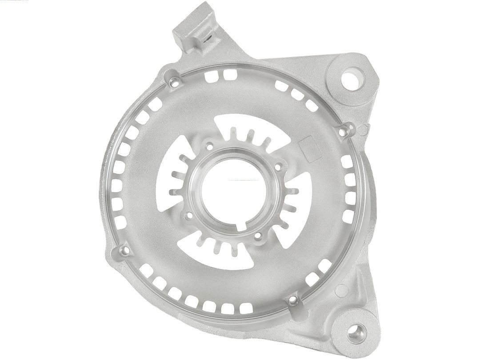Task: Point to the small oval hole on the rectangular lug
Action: click(207, 39)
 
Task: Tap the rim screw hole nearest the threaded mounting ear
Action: click(292, 301)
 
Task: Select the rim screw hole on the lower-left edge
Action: click(124, 251)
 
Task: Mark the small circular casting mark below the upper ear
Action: click(364, 129)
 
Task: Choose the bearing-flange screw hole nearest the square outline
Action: click(279, 167)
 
